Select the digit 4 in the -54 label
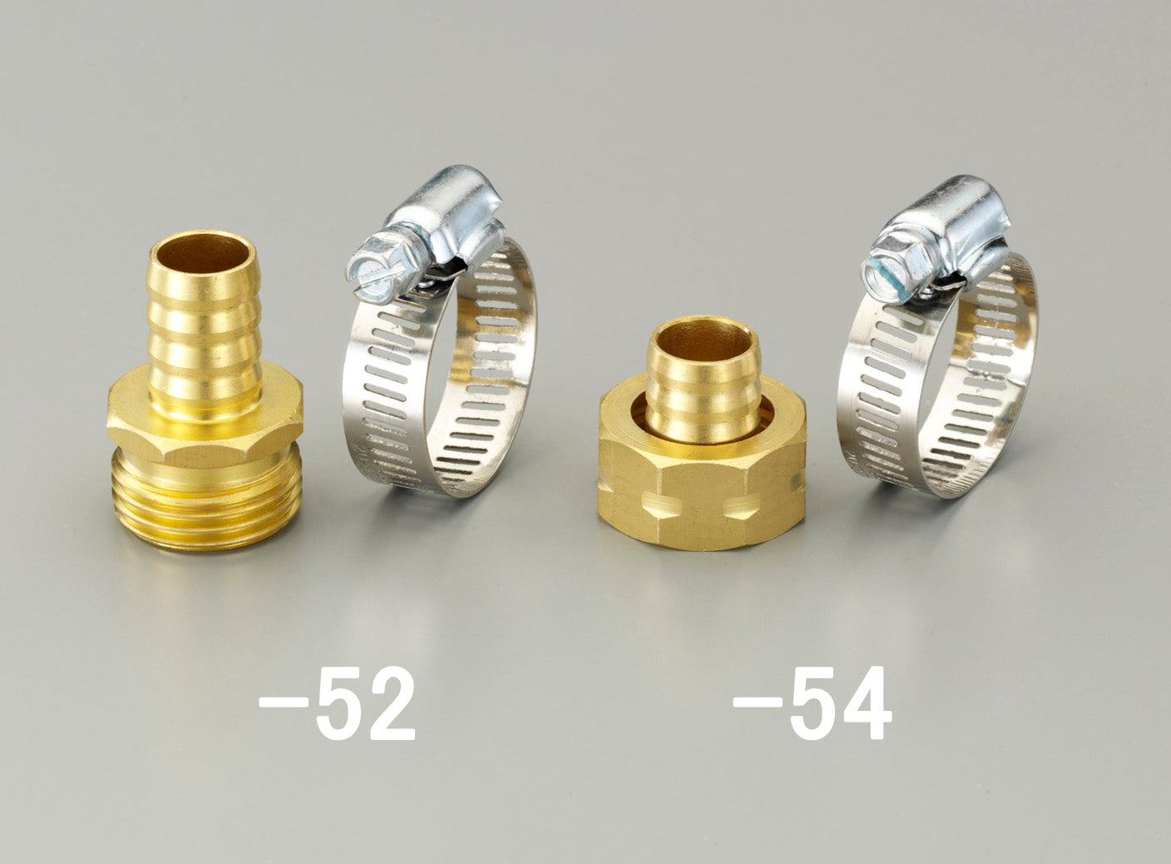[x=865, y=703]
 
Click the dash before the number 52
[x=284, y=703]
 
